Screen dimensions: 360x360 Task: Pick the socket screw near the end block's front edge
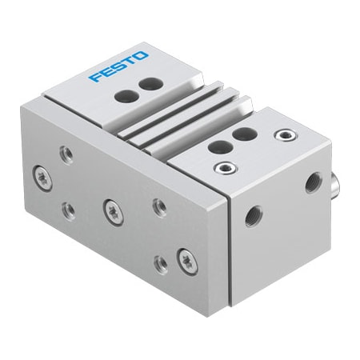226,168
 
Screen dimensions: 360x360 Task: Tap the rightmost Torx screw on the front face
186,258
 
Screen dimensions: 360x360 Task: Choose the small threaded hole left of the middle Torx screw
70,209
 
